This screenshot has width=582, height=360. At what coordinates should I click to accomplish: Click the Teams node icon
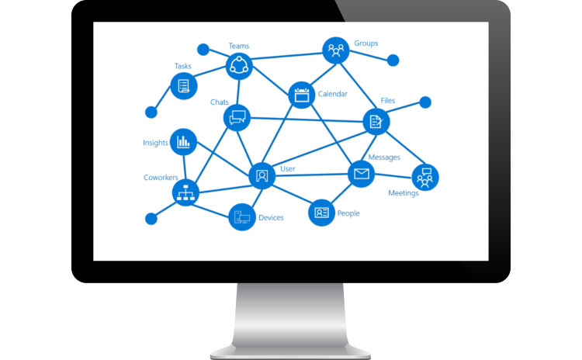tap(239, 66)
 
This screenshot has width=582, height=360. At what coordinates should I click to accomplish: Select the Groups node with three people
tap(335, 51)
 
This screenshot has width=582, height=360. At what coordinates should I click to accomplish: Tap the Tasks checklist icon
tap(184, 85)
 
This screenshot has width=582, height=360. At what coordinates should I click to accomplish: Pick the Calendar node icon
tap(301, 95)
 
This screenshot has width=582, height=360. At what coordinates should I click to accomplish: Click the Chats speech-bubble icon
tap(237, 118)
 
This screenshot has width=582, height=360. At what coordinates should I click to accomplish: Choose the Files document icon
tap(376, 120)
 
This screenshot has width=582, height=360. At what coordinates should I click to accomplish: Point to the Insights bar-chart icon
tap(183, 141)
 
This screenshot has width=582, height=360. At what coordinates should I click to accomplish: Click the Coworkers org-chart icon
tap(185, 192)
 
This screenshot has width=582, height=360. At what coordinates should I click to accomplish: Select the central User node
tap(262, 176)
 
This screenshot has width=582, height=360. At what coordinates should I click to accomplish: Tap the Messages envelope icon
tap(360, 174)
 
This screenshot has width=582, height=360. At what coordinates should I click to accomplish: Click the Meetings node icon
tap(424, 177)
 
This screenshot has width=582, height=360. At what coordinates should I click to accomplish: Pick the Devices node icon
tap(242, 217)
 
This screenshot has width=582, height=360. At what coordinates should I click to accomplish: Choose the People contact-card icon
tap(321, 212)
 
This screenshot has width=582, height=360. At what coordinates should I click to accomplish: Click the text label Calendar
tap(333, 94)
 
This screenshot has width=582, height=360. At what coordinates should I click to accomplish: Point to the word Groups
tap(365, 43)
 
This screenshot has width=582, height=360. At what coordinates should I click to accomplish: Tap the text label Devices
tap(271, 218)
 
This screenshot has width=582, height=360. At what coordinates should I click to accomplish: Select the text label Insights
tap(154, 143)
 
